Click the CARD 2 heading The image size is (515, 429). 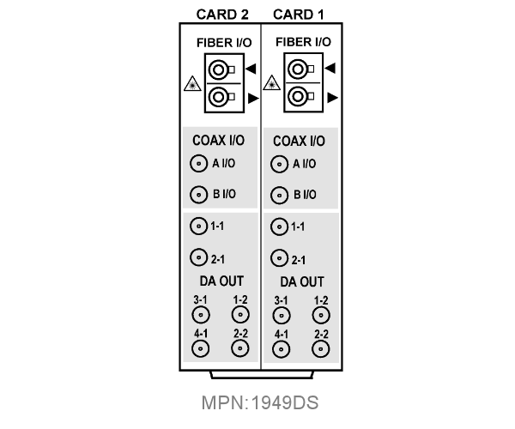click(x=222, y=15)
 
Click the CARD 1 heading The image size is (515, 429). click(x=298, y=15)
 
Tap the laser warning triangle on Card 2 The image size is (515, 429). click(x=192, y=84)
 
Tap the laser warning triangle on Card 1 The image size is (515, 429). click(x=271, y=82)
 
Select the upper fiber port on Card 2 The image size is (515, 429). click(x=219, y=69)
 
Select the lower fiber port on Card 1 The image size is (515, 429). click(x=298, y=96)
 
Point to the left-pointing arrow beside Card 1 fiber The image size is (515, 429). click(x=330, y=68)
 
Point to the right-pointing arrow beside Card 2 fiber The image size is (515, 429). click(x=253, y=98)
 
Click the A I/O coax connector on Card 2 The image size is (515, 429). click(x=199, y=164)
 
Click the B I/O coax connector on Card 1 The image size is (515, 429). click(x=280, y=196)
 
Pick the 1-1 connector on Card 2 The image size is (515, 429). click(x=199, y=227)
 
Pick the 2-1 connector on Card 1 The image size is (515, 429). click(x=280, y=258)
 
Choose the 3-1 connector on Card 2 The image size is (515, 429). click(x=201, y=315)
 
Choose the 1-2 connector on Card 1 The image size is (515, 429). click(x=321, y=316)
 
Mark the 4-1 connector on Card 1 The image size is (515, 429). click(x=282, y=349)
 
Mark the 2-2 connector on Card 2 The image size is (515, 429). click(x=240, y=348)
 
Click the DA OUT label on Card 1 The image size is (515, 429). click(x=302, y=281)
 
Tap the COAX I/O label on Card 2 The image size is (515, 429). click(x=218, y=141)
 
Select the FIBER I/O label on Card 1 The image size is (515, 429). click(x=303, y=42)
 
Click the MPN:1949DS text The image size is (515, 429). click(x=260, y=402)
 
